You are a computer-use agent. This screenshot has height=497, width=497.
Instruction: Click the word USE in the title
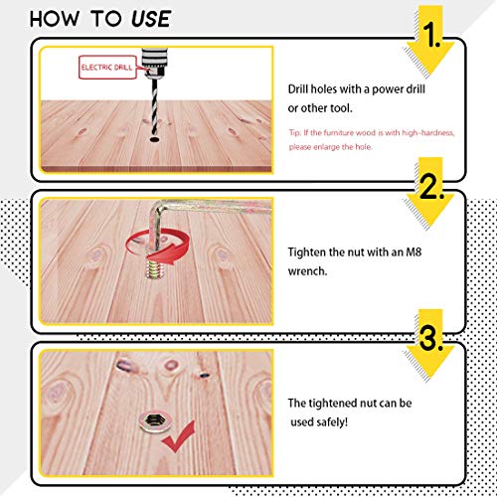pyautogui.click(x=151, y=19)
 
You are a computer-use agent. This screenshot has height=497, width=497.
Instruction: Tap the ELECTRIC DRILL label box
pyautogui.click(x=107, y=68)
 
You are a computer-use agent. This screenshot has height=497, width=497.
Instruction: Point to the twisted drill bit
pyautogui.click(x=155, y=106)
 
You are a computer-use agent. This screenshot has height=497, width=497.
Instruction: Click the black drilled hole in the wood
pyautogui.click(x=155, y=139)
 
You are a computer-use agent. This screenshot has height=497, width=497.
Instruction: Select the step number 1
pyautogui.click(x=431, y=35)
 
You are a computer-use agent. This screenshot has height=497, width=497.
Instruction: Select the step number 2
pyautogui.click(x=431, y=186)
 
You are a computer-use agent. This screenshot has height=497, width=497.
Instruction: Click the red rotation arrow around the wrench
pyautogui.click(x=158, y=247)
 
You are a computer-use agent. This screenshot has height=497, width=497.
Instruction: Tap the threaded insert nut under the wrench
pyautogui.click(x=152, y=268)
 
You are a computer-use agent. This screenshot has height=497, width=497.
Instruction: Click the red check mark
pyautogui.click(x=178, y=436)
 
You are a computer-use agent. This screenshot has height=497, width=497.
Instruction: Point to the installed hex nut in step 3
pyautogui.click(x=153, y=421)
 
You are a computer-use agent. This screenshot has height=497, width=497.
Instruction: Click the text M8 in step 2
pyautogui.click(x=414, y=252)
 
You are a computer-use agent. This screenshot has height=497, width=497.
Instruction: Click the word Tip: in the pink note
pyautogui.click(x=294, y=133)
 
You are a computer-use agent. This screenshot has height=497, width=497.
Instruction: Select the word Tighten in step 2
pyautogui.click(x=307, y=252)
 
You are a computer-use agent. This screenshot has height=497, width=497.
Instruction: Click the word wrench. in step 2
pyautogui.click(x=307, y=271)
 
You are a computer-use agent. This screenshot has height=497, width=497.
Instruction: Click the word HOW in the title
pyautogui.click(x=55, y=19)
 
